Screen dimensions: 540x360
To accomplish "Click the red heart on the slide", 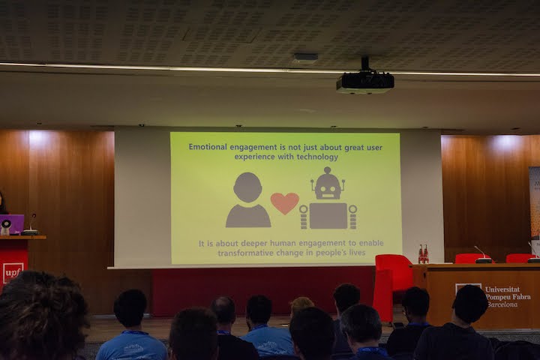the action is pos(284,203).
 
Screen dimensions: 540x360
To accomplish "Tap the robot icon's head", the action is pos(328,186).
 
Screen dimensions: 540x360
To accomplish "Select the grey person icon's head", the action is pos(247,187).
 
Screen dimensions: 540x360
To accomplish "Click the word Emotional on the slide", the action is pos(208,147).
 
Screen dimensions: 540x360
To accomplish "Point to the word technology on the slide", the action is pos(317,157).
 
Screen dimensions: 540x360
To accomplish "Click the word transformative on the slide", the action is pos(242,253).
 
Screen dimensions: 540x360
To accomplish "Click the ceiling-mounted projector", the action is pos(365,81).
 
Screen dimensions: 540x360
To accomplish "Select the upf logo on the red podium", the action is pos(13,273).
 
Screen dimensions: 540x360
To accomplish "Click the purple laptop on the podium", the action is pos(12,224).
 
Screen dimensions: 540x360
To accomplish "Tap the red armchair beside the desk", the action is pos(392,286).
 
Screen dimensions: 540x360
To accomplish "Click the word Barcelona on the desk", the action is pos(502,304).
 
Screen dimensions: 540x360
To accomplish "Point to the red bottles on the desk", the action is pos(423,254).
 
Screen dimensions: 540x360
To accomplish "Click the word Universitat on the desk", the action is pos(502,289).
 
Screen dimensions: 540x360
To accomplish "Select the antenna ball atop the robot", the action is pos(327,170).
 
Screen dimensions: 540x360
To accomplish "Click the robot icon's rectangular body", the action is pos(328,216).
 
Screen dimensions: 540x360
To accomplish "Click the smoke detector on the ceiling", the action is pos(306,58).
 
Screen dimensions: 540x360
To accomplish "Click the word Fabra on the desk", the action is pos(520,296).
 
